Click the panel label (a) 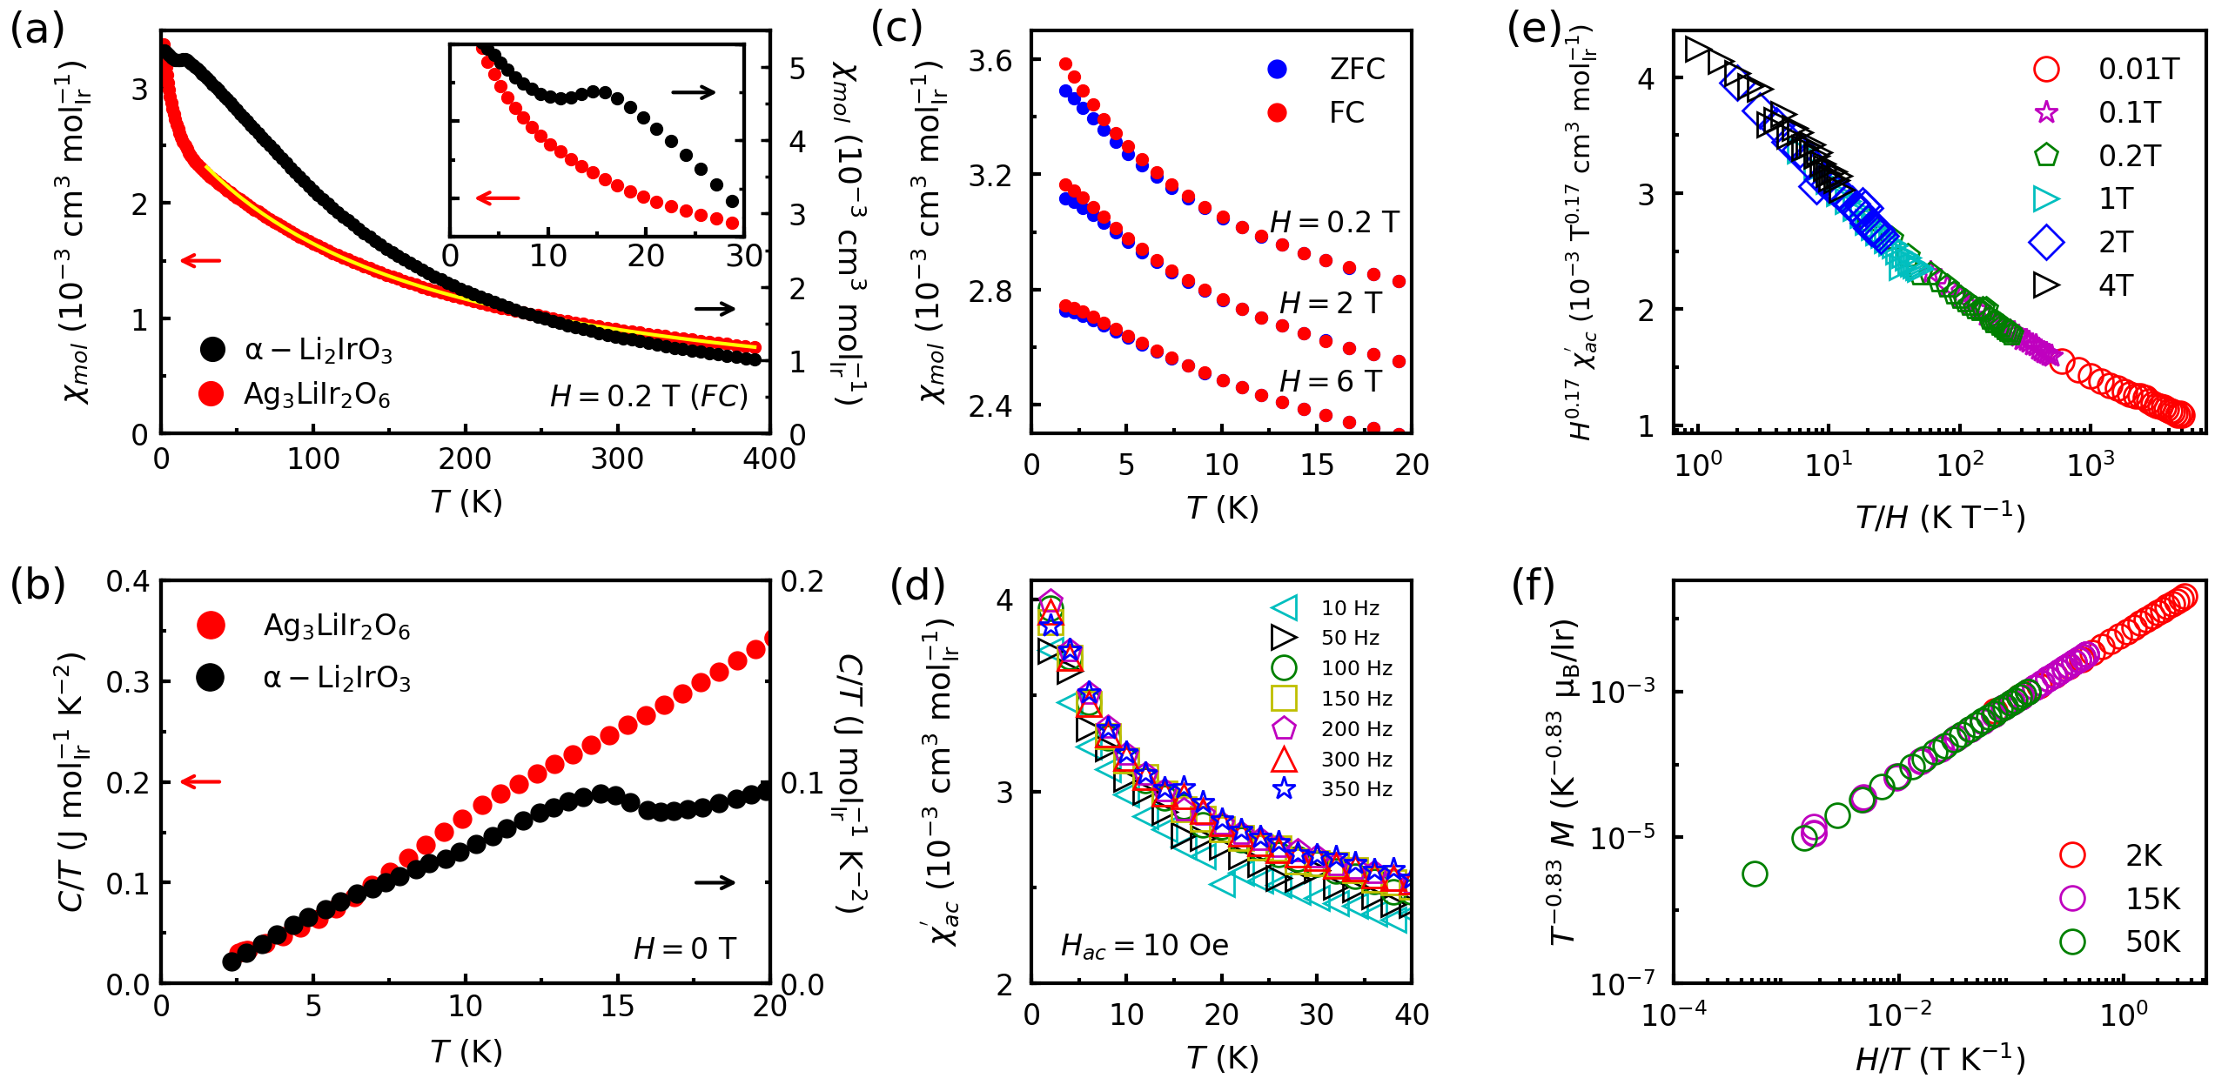tap(37, 30)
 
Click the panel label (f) tap(1533, 585)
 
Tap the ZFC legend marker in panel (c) tap(1277, 70)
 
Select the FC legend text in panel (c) tap(1346, 113)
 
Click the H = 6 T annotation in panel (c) tap(1330, 381)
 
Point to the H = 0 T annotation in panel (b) tap(684, 948)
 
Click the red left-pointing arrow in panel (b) tap(201, 781)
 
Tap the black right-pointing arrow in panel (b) tap(715, 882)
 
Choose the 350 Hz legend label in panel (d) tap(1356, 789)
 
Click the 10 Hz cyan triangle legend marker tap(1285, 608)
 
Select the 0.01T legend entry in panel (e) tap(2138, 70)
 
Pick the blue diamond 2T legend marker tap(2046, 242)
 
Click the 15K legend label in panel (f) tap(2152, 899)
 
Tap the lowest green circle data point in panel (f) tap(1755, 874)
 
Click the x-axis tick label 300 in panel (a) tap(617, 459)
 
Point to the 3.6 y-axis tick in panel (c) tap(990, 61)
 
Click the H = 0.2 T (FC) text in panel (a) tap(648, 397)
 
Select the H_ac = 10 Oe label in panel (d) tap(1144, 946)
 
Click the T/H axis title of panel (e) tap(1940, 518)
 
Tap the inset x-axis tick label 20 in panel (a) tap(645, 256)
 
